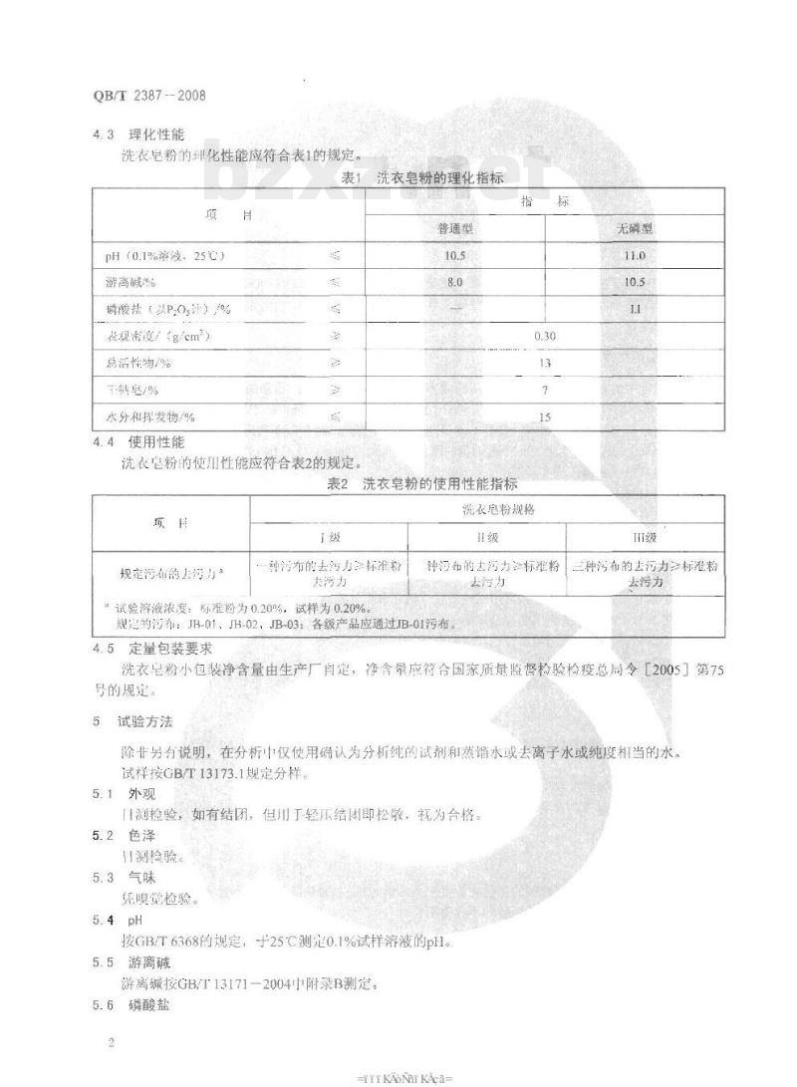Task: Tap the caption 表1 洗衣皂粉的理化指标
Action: coord(422,178)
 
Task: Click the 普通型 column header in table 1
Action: coord(455,229)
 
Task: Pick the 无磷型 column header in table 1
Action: coord(635,229)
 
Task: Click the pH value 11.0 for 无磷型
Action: coord(635,256)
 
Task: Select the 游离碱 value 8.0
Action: coord(455,283)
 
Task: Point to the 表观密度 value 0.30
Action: coord(545,337)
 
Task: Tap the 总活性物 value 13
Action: coord(545,364)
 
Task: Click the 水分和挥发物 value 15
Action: coord(545,417)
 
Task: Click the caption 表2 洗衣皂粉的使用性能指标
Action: coord(422,485)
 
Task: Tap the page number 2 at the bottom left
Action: coord(111,1043)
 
